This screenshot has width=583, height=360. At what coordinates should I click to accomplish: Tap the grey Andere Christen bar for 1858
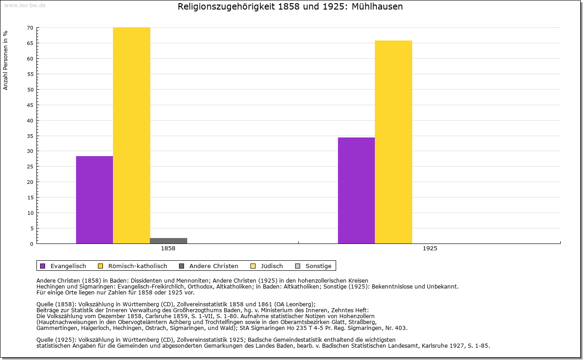pyautogui.click(x=168, y=241)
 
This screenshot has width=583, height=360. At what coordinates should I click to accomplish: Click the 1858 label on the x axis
pyautogui.click(x=168, y=249)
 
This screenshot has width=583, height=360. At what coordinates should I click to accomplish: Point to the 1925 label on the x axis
pyautogui.click(x=430, y=249)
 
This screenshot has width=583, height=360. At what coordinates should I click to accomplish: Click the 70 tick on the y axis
pyautogui.click(x=30, y=28)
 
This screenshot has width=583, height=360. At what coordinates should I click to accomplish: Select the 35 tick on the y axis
pyautogui.click(x=30, y=136)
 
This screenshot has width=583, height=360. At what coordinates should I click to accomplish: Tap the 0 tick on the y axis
pyautogui.click(x=31, y=244)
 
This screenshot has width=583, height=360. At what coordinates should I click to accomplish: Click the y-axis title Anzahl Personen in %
pyautogui.click(x=5, y=60)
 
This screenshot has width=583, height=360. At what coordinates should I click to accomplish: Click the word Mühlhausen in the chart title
pyautogui.click(x=378, y=7)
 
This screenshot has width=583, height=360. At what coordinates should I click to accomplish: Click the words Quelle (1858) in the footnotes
pyautogui.click(x=54, y=304)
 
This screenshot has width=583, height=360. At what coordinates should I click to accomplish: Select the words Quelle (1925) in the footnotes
pyautogui.click(x=54, y=340)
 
